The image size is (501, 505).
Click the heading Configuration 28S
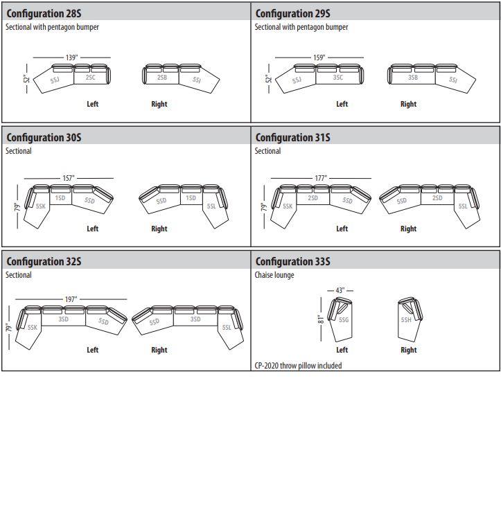[x=44, y=14]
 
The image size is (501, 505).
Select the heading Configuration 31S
[x=293, y=138]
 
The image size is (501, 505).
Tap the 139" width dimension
[x=72, y=57]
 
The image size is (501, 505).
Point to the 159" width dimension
[x=319, y=57]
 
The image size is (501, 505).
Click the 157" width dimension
[x=69, y=178]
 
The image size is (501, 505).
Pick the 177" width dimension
[x=321, y=178]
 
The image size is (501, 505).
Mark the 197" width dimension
[x=71, y=299]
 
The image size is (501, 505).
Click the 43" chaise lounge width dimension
[x=340, y=290]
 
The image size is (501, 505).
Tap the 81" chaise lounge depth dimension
[x=321, y=319]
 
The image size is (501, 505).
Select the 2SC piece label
[x=91, y=78]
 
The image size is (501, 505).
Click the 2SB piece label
[x=162, y=78]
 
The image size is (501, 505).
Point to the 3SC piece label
[x=338, y=78]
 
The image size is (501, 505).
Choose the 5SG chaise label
[x=344, y=320]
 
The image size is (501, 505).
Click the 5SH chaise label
[x=406, y=320]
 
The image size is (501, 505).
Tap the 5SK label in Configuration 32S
[x=33, y=328]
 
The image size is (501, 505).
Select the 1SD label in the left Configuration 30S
[x=60, y=197]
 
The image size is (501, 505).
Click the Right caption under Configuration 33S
[x=409, y=350]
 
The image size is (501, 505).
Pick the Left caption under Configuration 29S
[x=342, y=104]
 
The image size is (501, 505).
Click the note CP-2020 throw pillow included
[x=298, y=366]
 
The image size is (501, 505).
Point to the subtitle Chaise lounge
[x=274, y=275]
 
